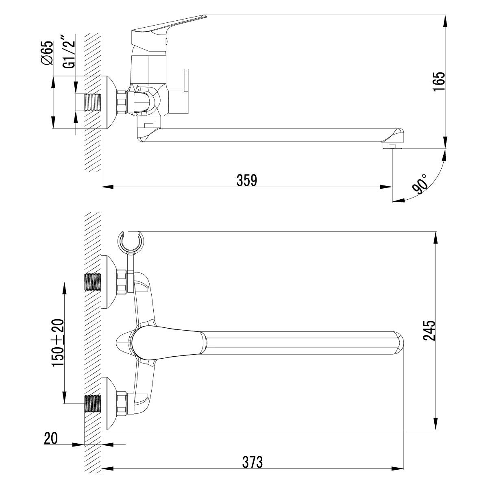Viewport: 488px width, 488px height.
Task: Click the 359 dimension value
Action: click(246, 180)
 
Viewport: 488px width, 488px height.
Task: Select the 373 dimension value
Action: click(253, 462)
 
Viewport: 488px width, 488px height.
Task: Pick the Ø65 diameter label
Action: click(47, 53)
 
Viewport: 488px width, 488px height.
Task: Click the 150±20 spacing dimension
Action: click(57, 343)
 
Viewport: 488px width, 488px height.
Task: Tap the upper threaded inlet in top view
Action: click(93, 281)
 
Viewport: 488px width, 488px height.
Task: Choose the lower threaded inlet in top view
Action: click(93, 403)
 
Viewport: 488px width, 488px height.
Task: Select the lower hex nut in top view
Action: click(122, 403)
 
